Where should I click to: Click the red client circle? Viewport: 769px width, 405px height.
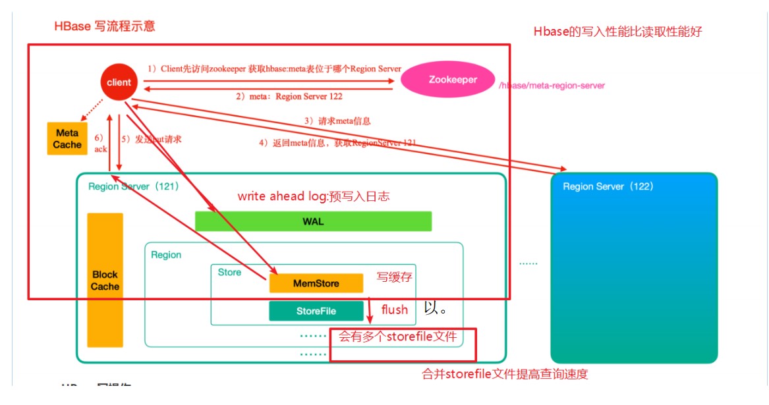click(119, 82)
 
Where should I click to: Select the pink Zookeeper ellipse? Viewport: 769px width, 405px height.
click(453, 80)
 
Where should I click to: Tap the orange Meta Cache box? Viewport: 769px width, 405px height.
click(67, 139)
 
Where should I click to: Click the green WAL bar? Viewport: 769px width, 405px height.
click(313, 221)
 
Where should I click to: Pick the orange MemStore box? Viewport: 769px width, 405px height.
click(316, 283)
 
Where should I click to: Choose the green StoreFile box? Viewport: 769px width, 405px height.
click(316, 311)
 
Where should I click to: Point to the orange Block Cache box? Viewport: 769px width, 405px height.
click(105, 280)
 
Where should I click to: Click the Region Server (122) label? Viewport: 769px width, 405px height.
click(608, 186)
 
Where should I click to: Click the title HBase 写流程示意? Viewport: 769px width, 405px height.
click(105, 27)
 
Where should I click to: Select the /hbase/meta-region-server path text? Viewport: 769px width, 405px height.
click(552, 86)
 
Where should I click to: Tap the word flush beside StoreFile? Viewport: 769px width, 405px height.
click(395, 310)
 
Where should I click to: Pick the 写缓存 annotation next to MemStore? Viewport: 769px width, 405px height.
click(394, 277)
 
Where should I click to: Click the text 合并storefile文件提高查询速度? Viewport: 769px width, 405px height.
click(505, 374)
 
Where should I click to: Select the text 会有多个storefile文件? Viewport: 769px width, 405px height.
click(398, 337)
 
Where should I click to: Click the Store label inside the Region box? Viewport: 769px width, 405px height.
click(229, 272)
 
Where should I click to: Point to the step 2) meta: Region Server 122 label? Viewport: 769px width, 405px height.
click(289, 96)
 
